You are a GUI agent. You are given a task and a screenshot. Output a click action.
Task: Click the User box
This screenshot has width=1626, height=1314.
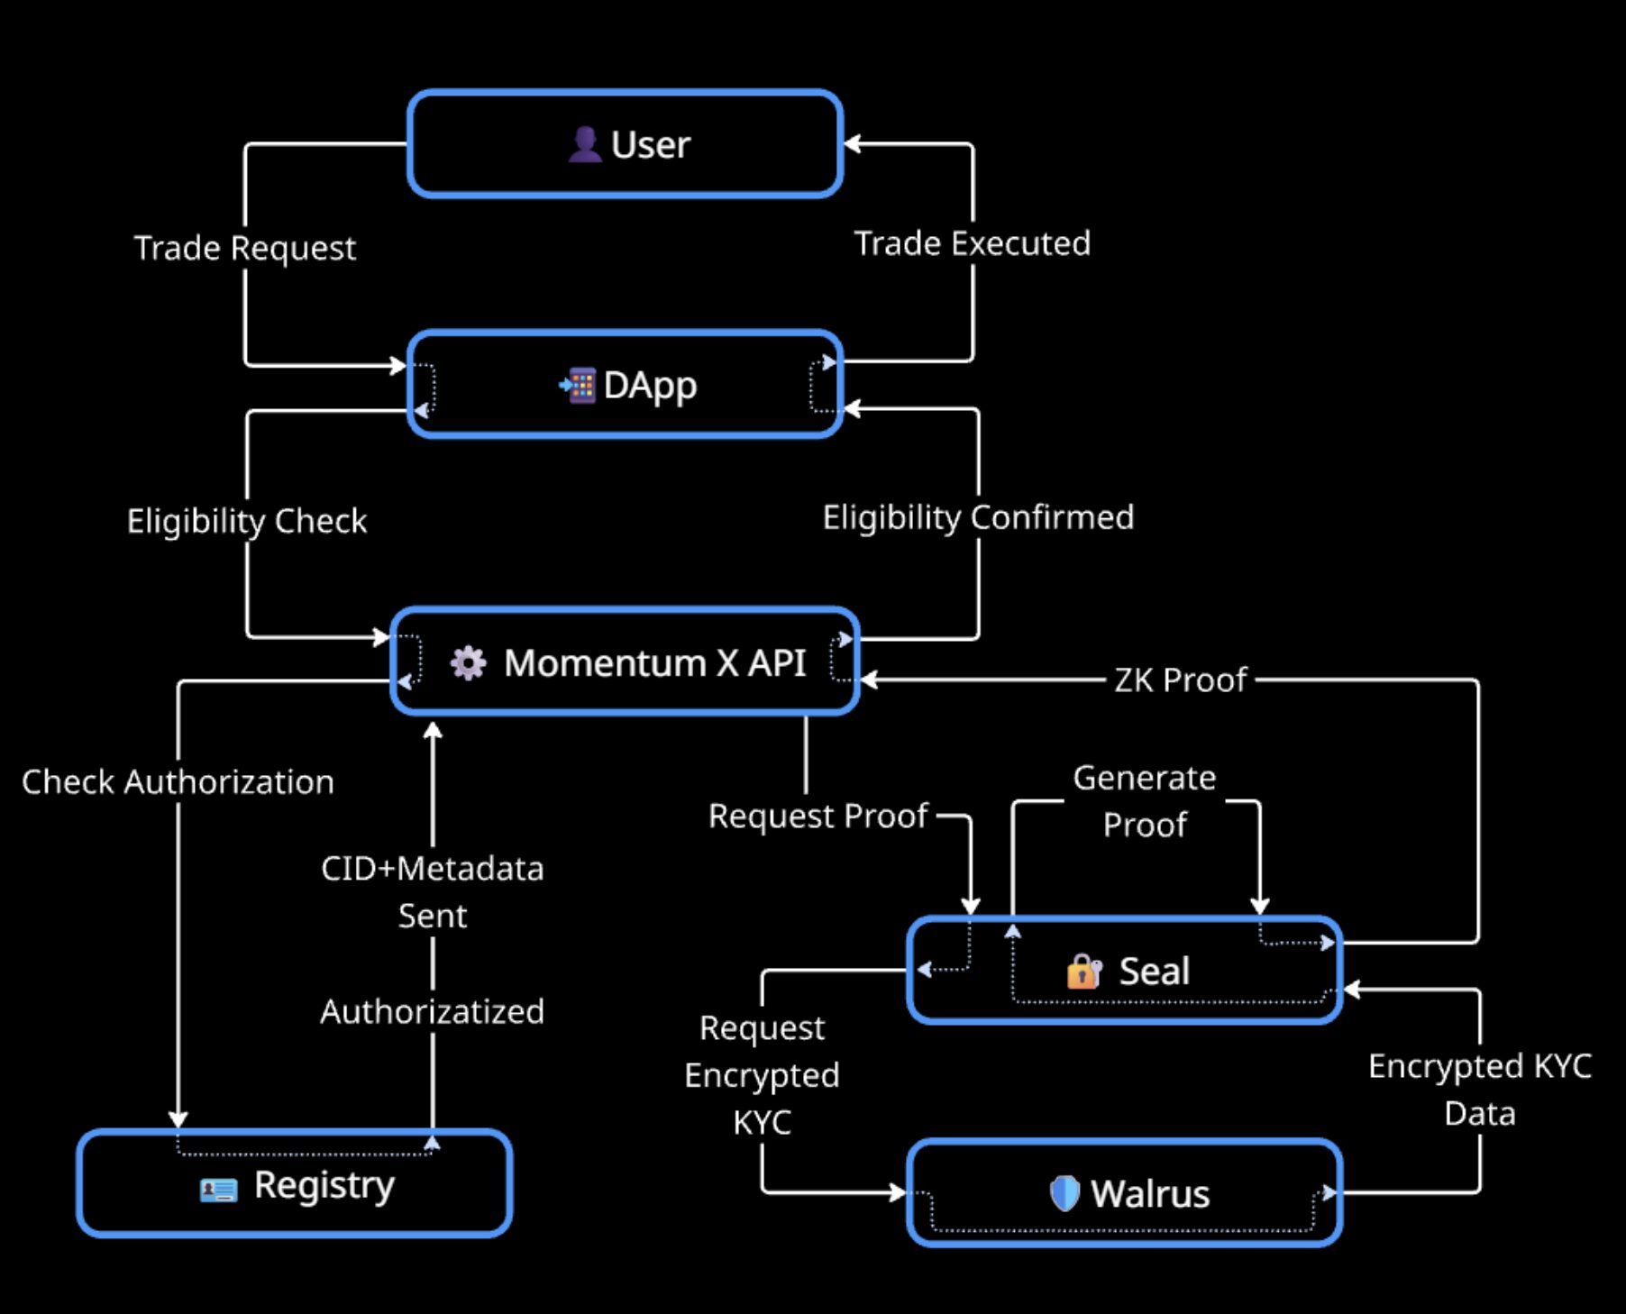pyautogui.click(x=625, y=144)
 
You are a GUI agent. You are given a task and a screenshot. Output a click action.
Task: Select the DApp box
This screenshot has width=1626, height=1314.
pyautogui.click(x=625, y=385)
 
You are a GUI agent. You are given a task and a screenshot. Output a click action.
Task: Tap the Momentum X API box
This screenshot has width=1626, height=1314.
pyautogui.click(x=625, y=662)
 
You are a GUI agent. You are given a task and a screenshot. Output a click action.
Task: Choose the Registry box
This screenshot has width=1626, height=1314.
pyautogui.click(x=295, y=1184)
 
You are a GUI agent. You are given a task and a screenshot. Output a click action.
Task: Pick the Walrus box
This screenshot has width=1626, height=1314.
pyautogui.click(x=1124, y=1193)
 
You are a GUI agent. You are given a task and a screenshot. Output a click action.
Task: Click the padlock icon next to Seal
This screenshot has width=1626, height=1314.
pyautogui.click(x=1083, y=972)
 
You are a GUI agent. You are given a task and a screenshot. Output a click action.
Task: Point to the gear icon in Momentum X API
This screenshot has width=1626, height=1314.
pyautogui.click(x=468, y=663)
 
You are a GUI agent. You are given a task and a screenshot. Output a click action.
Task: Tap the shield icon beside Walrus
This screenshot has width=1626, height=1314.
pyautogui.click(x=1064, y=1193)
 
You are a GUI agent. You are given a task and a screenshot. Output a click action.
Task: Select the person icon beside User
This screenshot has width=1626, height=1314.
pyautogui.click(x=585, y=144)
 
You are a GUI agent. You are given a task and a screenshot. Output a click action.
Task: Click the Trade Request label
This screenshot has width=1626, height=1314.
pyautogui.click(x=245, y=248)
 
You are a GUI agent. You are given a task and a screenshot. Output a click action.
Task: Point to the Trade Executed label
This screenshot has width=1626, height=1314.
pyautogui.click(x=972, y=243)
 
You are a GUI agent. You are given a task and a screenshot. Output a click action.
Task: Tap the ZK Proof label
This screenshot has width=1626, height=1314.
pyautogui.click(x=1180, y=680)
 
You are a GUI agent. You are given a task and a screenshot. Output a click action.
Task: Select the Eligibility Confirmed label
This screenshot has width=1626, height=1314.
pyautogui.click(x=978, y=517)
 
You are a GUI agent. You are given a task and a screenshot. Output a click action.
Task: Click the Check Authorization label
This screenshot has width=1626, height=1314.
pyautogui.click(x=178, y=781)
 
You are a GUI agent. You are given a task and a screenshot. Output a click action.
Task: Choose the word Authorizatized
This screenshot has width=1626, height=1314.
pyautogui.click(x=433, y=1011)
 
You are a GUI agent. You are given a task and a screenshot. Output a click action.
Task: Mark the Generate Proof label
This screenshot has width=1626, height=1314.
pyautogui.click(x=1144, y=800)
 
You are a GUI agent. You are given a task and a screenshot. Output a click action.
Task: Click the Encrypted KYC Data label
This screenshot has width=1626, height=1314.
pyautogui.click(x=1479, y=1089)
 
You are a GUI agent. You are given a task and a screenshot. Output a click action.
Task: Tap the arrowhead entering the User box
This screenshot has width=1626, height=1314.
pyautogui.click(x=852, y=144)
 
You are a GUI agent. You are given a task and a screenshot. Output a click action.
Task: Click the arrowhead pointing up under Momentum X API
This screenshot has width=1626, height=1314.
pyautogui.click(x=433, y=730)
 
